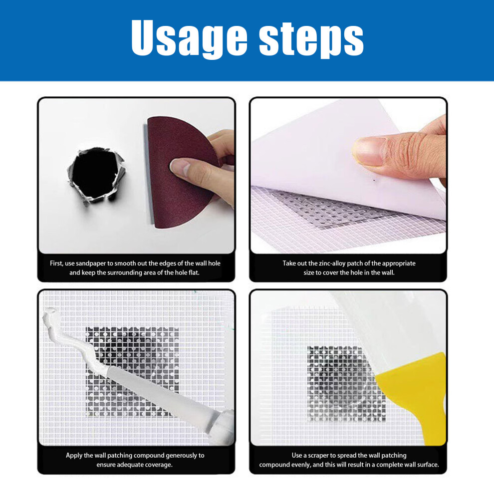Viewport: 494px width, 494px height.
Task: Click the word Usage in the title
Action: tap(189, 38)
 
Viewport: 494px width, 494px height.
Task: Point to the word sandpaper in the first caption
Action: tap(91, 263)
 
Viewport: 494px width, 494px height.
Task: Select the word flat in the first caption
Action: tap(194, 272)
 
